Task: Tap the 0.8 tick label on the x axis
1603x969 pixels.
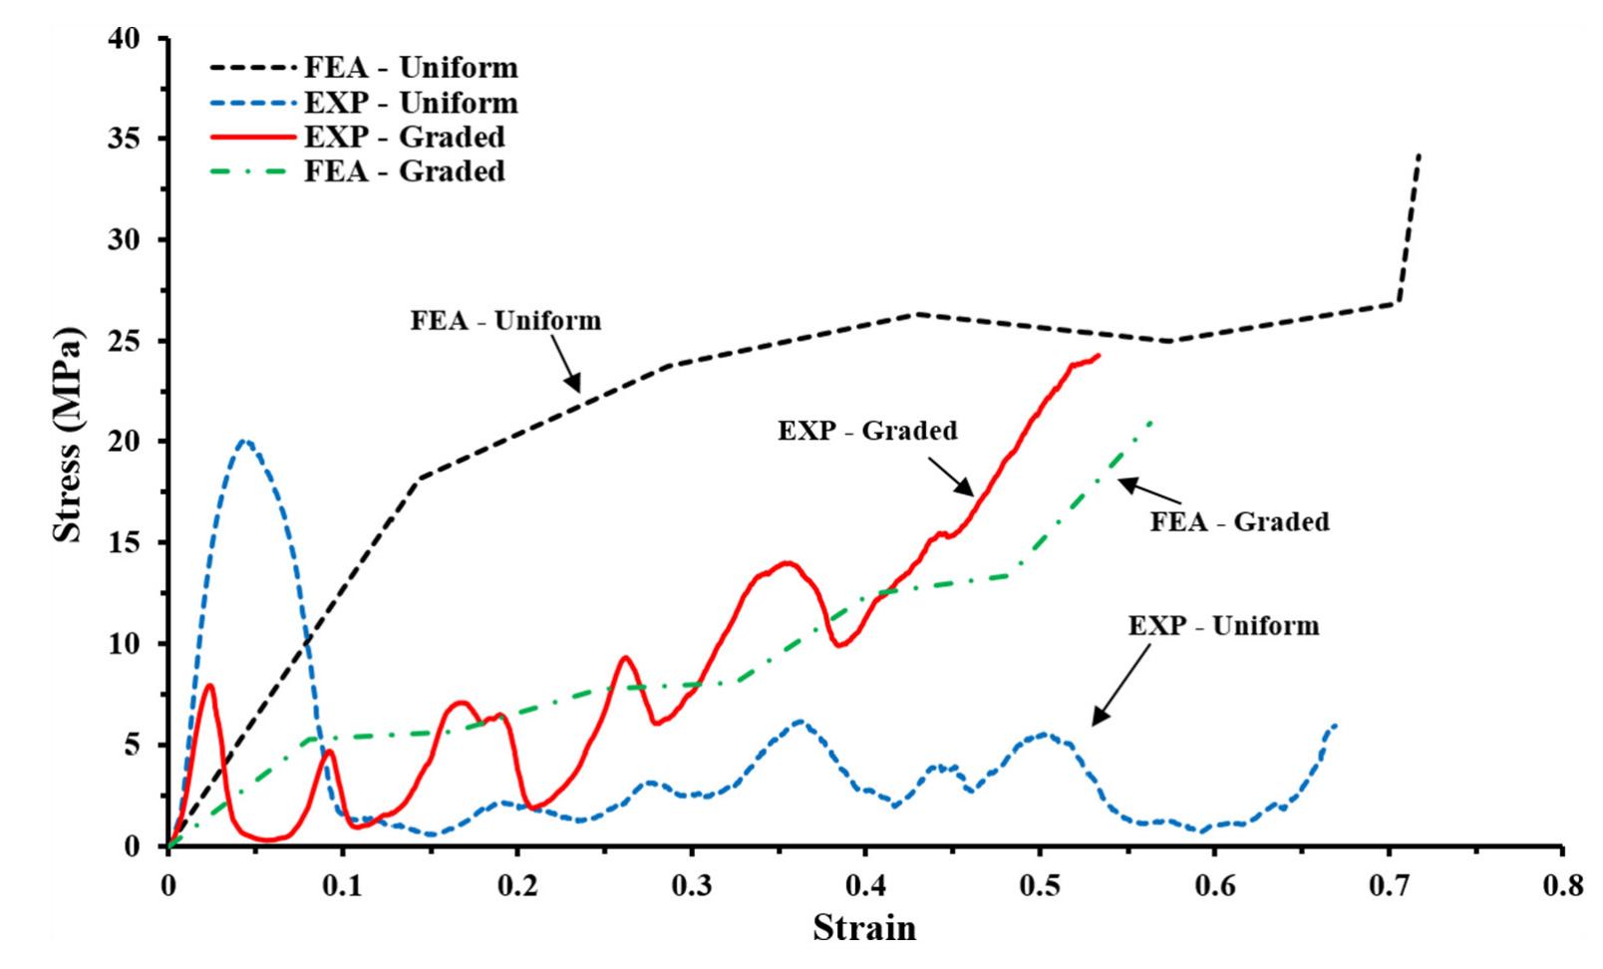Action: point(1561,885)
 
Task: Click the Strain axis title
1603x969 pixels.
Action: point(864,929)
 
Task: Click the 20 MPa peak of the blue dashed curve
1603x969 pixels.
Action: point(245,441)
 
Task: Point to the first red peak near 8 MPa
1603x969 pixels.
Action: point(210,685)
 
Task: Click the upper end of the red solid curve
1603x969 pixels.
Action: point(1099,355)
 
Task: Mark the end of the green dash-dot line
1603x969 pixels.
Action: point(1152,421)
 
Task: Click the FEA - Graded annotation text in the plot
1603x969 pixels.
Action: point(1239,521)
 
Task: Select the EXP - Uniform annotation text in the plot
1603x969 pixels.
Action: point(1223,626)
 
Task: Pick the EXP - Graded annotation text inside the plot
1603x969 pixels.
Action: point(867,431)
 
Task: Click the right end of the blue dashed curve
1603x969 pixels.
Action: point(1335,725)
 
